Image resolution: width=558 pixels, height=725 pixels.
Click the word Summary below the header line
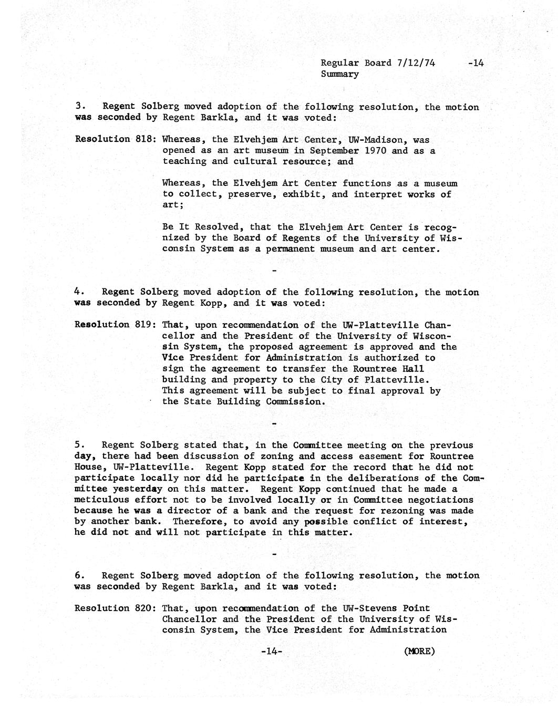click(339, 74)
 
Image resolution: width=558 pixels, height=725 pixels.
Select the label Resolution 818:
click(115, 139)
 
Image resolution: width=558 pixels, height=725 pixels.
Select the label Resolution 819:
click(115, 325)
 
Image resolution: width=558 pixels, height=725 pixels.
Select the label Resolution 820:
click(115, 608)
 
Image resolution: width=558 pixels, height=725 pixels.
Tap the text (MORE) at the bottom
click(420, 651)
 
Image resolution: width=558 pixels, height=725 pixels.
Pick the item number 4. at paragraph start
click(78, 292)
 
